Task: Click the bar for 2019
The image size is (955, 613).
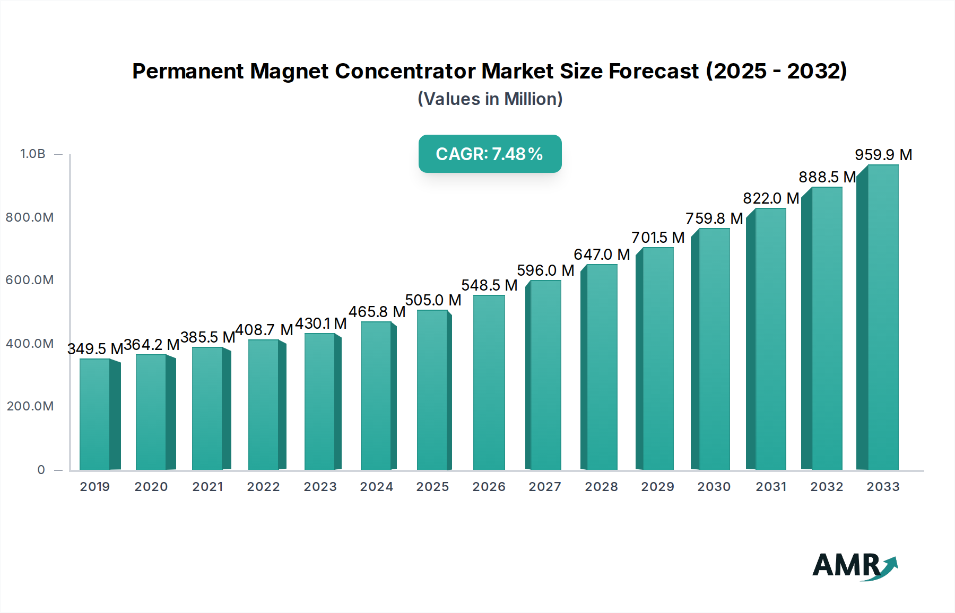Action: [95, 414]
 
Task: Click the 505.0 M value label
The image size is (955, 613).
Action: [433, 300]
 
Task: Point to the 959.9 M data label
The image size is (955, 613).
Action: [883, 155]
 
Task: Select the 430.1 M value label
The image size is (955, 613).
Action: [320, 323]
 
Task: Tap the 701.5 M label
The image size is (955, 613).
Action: [658, 238]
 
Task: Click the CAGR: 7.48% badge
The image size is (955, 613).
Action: [490, 154]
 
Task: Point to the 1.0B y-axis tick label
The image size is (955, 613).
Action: [33, 154]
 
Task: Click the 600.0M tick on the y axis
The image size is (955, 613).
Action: [30, 280]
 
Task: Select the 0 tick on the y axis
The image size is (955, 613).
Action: [41, 470]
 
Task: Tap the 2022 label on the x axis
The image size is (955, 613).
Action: [263, 487]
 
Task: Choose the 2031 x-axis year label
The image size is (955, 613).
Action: [770, 487]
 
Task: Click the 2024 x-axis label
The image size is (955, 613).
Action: [376, 487]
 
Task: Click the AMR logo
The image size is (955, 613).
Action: [854, 566]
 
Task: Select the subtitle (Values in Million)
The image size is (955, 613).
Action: [490, 99]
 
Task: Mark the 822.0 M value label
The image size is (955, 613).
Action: [770, 198]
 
